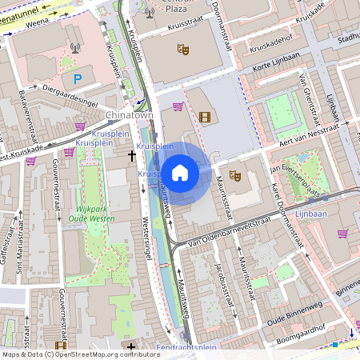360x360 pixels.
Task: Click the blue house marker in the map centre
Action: [x=180, y=172]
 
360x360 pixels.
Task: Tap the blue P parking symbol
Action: [x=78, y=79]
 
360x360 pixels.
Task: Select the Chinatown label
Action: [x=129, y=115]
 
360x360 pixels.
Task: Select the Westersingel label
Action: [x=147, y=240]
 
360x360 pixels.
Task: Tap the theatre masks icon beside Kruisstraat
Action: [x=183, y=50]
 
